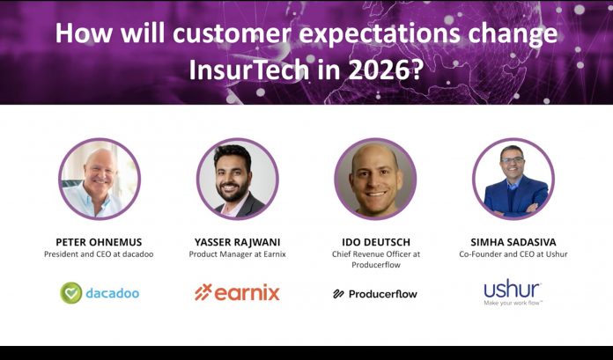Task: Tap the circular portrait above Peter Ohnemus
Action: [x=99, y=179]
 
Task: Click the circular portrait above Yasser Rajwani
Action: [x=237, y=179]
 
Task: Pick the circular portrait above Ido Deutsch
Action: [x=375, y=179]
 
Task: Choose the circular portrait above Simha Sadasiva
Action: [x=513, y=179]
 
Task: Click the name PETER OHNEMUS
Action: [x=99, y=240]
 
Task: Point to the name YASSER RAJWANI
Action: [x=237, y=240]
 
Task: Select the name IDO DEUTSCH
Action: [x=375, y=240]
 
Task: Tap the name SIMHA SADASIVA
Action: [x=513, y=240]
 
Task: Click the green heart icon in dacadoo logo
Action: [x=70, y=292]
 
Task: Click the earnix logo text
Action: [x=247, y=292]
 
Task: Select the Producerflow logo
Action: [x=375, y=293]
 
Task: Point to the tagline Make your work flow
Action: [x=513, y=304]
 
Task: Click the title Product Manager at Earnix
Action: [x=237, y=254]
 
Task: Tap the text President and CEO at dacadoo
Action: [x=99, y=254]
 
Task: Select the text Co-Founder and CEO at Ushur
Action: [x=513, y=254]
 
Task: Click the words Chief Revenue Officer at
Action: [x=375, y=254]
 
